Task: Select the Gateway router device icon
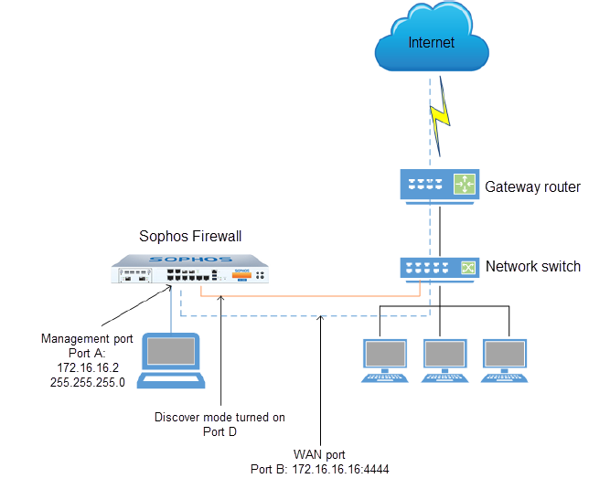pos(440,186)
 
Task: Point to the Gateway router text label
pos(532,186)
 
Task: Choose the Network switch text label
pos(532,267)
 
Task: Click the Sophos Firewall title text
pos(190,236)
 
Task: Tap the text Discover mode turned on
pos(219,417)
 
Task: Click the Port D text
pos(219,431)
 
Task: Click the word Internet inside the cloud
pos(431,43)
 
